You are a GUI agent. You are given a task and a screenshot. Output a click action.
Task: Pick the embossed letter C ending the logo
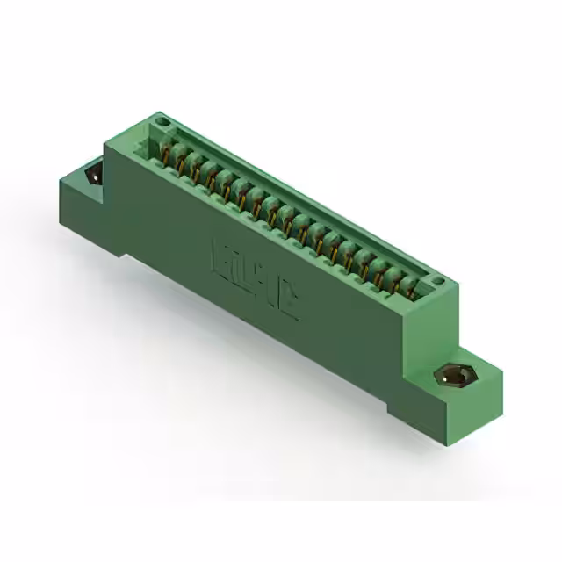[x=287, y=301]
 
